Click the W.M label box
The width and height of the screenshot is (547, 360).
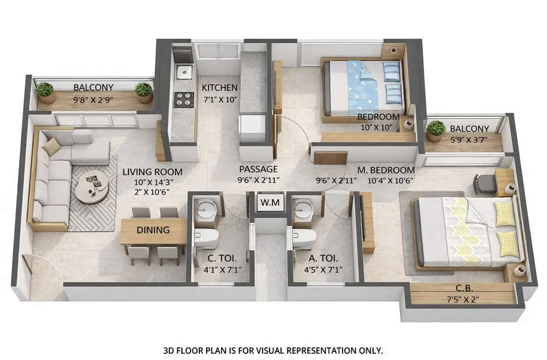click(x=267, y=202)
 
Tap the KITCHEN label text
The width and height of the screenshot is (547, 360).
click(x=219, y=88)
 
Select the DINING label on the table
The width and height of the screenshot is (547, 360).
click(x=153, y=230)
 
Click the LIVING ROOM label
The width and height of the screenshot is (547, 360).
click(x=153, y=172)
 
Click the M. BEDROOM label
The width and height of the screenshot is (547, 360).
click(x=386, y=170)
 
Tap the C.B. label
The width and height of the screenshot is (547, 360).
click(x=464, y=289)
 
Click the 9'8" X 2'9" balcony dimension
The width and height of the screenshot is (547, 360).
click(x=93, y=99)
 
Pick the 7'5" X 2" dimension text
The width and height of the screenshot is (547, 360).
click(x=464, y=299)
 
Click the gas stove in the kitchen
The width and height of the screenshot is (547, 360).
click(x=184, y=99)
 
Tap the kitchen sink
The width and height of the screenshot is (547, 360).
click(x=184, y=72)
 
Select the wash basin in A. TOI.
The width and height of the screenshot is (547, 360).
click(x=303, y=211)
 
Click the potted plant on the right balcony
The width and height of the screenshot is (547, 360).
click(x=436, y=129)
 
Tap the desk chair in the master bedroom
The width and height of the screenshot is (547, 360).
click(x=485, y=183)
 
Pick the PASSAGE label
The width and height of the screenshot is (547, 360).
click(x=259, y=169)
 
